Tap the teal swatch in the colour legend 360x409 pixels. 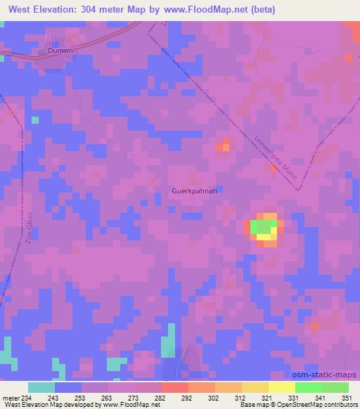[x=41, y=387]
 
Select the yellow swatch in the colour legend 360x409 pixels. [x=282, y=387]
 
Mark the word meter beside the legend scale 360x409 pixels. [x=10, y=397]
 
